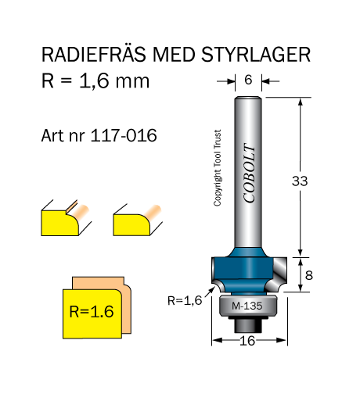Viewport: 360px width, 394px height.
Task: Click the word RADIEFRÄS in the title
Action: click(x=93, y=54)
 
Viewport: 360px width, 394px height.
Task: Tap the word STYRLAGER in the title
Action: click(x=256, y=55)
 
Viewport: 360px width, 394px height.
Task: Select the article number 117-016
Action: click(x=124, y=135)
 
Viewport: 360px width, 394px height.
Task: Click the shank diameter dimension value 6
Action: click(x=248, y=80)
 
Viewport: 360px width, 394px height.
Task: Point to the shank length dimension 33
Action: click(x=300, y=181)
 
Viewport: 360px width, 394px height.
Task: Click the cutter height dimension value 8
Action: click(x=308, y=275)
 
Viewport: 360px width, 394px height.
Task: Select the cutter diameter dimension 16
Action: click(x=247, y=341)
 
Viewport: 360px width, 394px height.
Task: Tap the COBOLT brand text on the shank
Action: click(x=249, y=173)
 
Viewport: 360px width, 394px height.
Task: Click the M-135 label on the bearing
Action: click(x=247, y=306)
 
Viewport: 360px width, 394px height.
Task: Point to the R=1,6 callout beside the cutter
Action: click(x=185, y=301)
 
